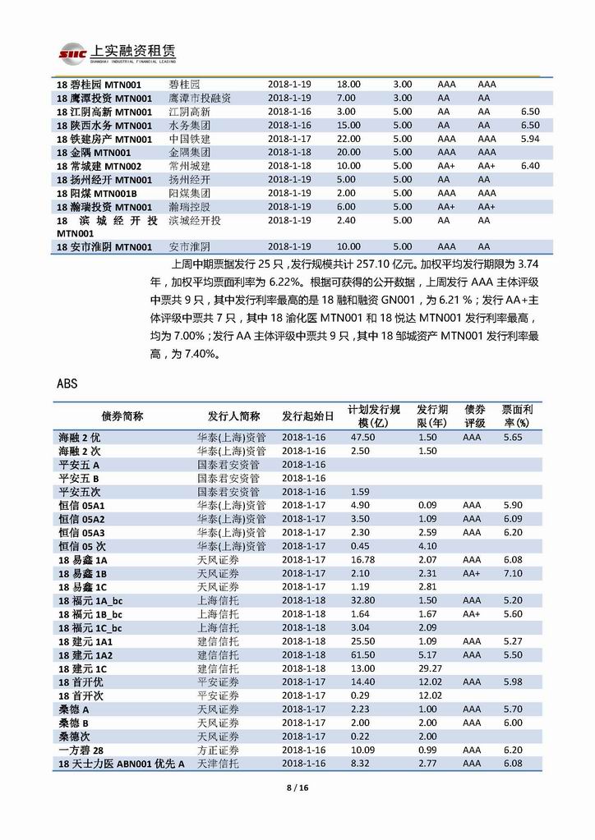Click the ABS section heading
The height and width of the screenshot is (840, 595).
pyautogui.click(x=67, y=383)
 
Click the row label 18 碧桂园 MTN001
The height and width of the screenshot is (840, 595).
pyautogui.click(x=104, y=84)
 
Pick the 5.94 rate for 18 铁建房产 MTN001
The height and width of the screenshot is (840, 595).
pyautogui.click(x=530, y=139)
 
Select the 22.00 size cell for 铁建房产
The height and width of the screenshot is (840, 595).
pyautogui.click(x=348, y=139)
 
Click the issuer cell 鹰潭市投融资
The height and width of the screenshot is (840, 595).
pyautogui.click(x=200, y=98)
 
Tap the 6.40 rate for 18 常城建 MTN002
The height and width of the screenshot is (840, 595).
pyautogui.click(x=530, y=166)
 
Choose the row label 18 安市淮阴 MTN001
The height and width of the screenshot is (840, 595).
pyautogui.click(x=104, y=246)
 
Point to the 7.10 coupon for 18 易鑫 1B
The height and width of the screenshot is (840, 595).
pyautogui.click(x=512, y=573)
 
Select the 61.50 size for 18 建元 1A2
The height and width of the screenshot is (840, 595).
pyautogui.click(x=362, y=654)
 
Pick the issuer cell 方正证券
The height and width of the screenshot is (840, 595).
pyautogui.click(x=218, y=750)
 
